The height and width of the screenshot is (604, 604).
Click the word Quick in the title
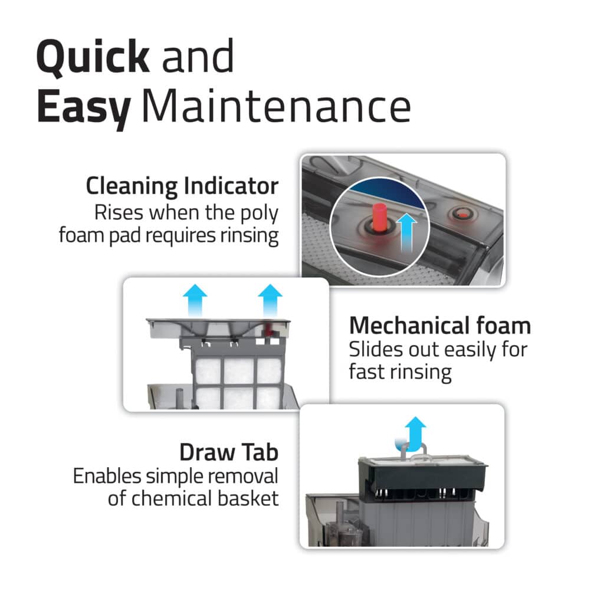[93, 57]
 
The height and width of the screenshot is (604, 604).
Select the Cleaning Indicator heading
[182, 186]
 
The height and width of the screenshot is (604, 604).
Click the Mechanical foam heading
[440, 326]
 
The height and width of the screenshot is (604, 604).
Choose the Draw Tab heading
[229, 452]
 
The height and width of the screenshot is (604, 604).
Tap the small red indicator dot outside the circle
[461, 213]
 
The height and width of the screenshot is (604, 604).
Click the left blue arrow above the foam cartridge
[195, 300]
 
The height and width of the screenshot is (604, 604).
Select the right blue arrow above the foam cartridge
[270, 300]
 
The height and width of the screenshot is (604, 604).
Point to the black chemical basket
[422, 478]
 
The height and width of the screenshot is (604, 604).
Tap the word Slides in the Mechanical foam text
[376, 349]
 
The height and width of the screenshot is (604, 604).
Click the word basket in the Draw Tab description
[248, 498]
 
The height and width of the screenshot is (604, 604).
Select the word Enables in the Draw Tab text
[107, 476]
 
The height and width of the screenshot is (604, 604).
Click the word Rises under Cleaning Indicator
[119, 212]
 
